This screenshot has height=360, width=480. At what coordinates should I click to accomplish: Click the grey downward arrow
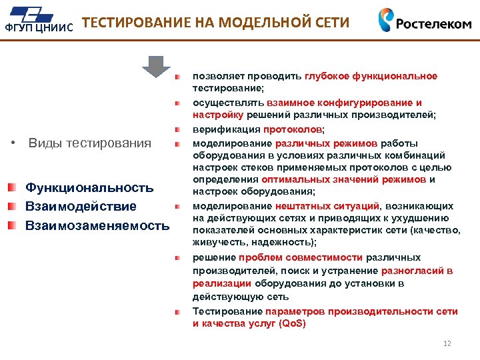click(155, 67)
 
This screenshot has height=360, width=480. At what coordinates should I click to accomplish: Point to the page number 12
click(447, 344)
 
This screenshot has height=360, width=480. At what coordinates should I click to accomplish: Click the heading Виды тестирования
click(90, 143)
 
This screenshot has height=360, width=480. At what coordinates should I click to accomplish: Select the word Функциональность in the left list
click(89, 189)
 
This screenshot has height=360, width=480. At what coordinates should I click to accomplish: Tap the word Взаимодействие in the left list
click(81, 207)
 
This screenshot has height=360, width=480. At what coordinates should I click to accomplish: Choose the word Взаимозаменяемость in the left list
click(97, 225)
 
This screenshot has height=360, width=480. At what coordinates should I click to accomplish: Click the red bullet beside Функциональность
click(13, 189)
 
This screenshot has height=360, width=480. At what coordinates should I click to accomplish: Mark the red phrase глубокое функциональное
click(371, 76)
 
